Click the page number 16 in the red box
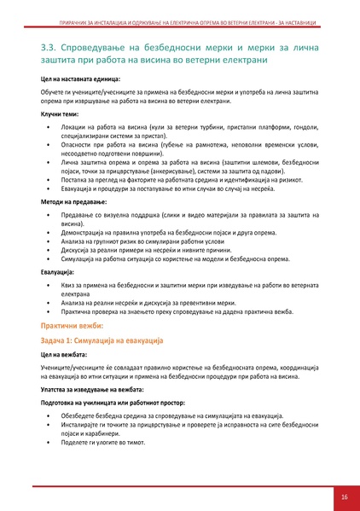[343, 496]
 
